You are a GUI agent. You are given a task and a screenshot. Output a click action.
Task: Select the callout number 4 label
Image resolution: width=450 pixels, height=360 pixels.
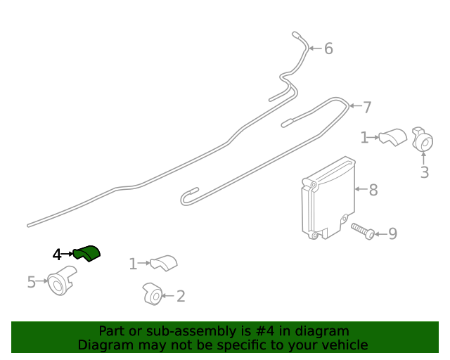pyautogui.click(x=57, y=255)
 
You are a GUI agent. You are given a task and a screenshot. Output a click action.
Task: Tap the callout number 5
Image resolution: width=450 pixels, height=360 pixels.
pyautogui.click(x=31, y=283)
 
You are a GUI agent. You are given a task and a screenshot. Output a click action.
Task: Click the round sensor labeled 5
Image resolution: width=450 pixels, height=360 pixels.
pyautogui.click(x=60, y=281)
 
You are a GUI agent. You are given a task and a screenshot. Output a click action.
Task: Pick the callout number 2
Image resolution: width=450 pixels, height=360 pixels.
pyautogui.click(x=181, y=297)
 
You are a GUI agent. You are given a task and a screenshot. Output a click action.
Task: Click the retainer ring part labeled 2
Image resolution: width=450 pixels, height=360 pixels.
pyautogui.click(x=153, y=295)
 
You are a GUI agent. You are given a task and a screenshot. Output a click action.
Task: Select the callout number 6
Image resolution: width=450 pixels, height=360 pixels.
pyautogui.click(x=328, y=49)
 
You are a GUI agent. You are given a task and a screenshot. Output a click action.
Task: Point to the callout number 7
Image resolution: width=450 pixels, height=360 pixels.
pyautogui.click(x=367, y=108)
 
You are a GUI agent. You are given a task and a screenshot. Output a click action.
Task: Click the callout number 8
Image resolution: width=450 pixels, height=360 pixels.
pyautogui.click(x=373, y=190)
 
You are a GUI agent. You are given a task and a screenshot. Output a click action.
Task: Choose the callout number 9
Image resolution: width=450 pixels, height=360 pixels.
pyautogui.click(x=392, y=233)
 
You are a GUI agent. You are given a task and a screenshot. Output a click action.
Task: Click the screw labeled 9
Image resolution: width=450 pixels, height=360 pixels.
pyautogui.click(x=363, y=231)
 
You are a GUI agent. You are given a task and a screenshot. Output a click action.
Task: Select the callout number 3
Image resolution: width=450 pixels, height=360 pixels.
pyautogui.click(x=424, y=172)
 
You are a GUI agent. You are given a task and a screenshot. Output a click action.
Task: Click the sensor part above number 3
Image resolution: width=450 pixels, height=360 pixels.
pyautogui.click(x=422, y=140)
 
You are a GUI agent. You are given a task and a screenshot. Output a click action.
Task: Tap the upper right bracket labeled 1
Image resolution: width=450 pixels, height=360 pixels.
pyautogui.click(x=392, y=136)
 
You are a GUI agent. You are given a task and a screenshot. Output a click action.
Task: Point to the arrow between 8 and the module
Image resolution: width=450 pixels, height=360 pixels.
pyautogui.click(x=360, y=189)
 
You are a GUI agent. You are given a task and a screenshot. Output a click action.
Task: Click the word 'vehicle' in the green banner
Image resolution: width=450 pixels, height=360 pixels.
pyautogui.click(x=343, y=345)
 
